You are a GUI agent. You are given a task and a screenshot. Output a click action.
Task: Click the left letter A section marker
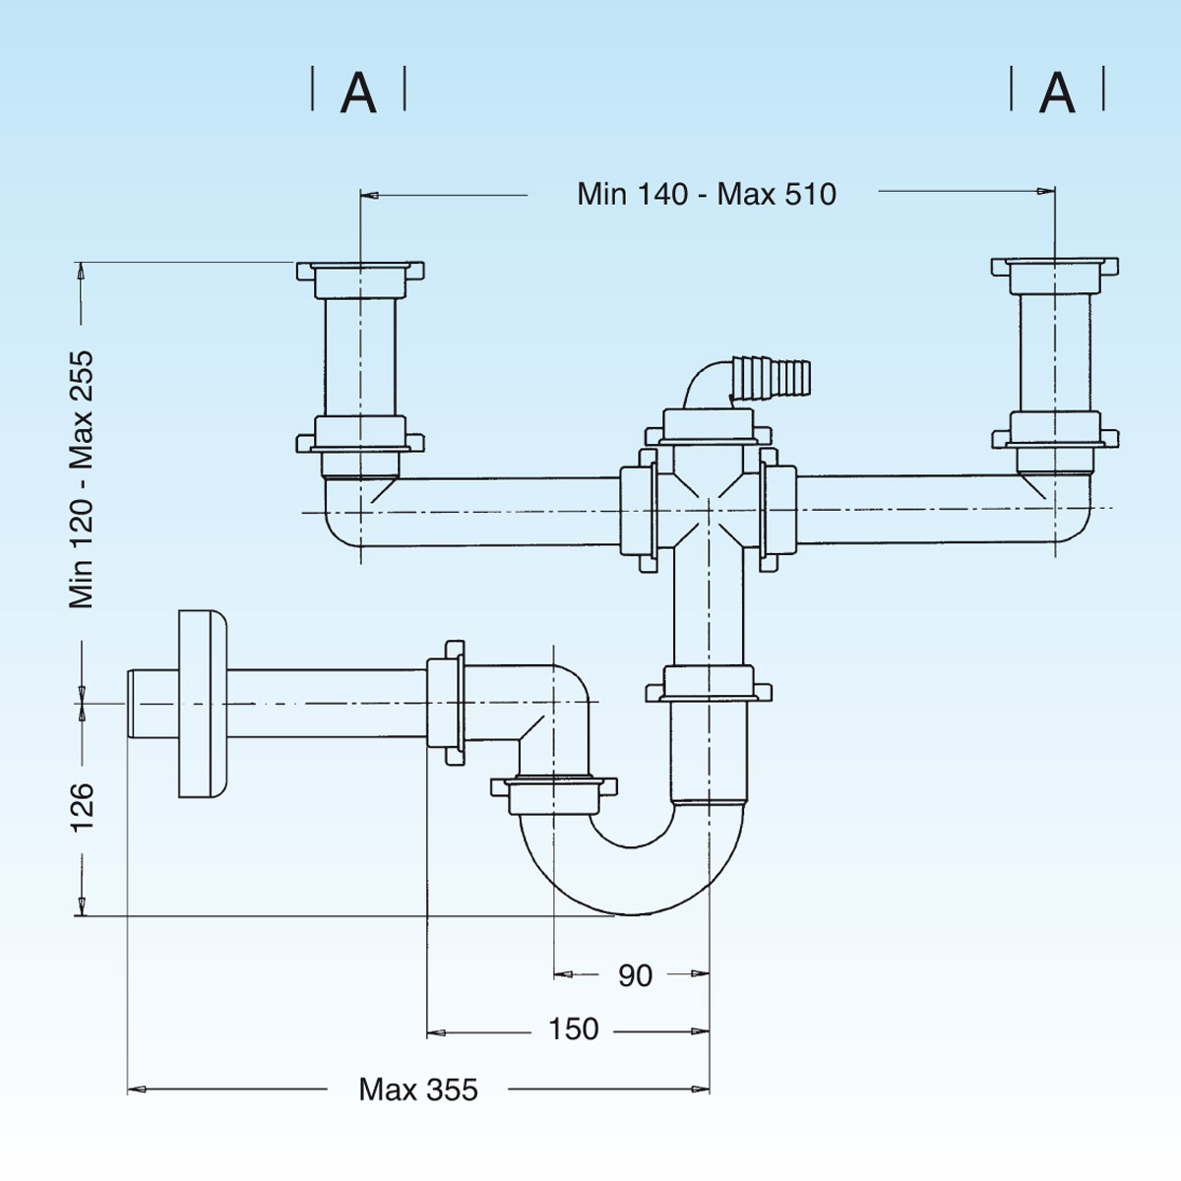pos(358,93)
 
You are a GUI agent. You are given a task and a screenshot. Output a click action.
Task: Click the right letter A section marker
pos(1057,93)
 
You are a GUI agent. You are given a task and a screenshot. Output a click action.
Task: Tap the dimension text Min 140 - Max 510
pos(707,194)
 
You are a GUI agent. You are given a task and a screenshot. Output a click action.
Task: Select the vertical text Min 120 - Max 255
pos(82,479)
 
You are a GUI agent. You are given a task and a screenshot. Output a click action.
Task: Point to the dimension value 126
pos(82,807)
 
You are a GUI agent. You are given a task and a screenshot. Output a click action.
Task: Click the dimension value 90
pos(635,975)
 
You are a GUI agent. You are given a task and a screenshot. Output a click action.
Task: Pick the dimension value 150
pos(573,1029)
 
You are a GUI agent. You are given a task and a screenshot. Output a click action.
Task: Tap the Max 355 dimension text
pos(418,1089)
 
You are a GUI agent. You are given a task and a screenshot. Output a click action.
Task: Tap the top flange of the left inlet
pos(360,270)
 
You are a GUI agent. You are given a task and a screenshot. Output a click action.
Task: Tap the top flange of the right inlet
pos(1055,267)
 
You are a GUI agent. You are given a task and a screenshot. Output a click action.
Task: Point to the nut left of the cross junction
pos(639,510)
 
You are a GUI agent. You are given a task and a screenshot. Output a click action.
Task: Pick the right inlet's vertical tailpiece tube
pos(1055,351)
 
